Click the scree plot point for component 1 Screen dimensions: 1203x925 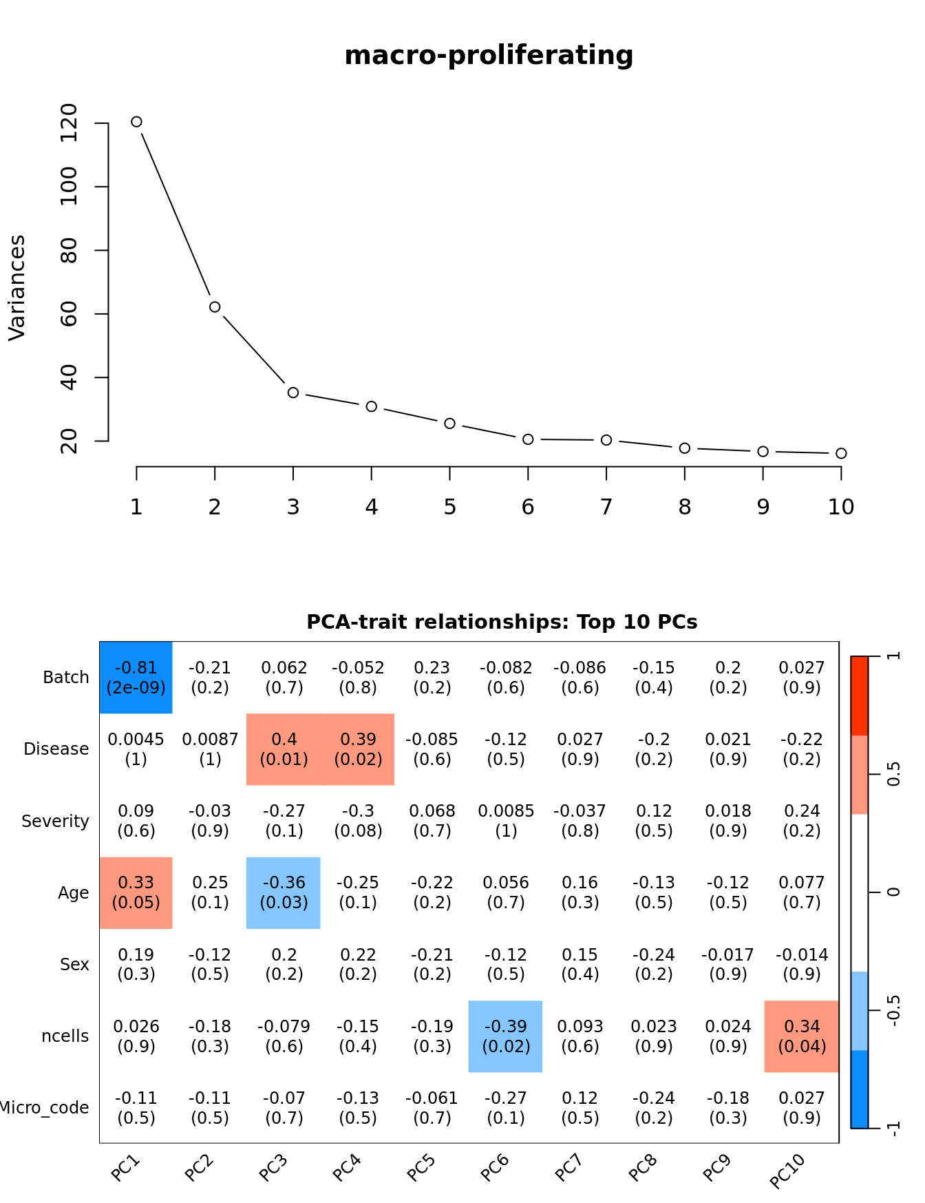(136, 122)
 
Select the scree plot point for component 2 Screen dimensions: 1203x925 (215, 307)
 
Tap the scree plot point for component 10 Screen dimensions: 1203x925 (841, 453)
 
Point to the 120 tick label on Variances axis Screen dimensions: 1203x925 (69, 123)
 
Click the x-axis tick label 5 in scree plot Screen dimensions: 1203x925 (449, 508)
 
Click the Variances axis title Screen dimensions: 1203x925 (17, 288)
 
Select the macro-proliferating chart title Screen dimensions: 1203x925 (489, 55)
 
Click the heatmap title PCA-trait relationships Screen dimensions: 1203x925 (502, 622)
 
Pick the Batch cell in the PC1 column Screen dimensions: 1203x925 (136, 678)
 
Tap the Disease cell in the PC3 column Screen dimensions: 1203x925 (284, 749)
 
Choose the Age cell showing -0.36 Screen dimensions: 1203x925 (284, 892)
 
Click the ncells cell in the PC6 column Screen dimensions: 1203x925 (506, 1036)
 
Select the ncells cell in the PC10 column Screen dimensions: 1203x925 (802, 1036)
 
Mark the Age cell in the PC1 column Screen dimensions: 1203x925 (136, 892)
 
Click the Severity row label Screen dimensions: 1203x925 (55, 821)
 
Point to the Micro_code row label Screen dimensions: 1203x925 (45, 1108)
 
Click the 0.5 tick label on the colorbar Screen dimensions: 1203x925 (893, 774)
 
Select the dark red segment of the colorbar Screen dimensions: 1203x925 (860, 695)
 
